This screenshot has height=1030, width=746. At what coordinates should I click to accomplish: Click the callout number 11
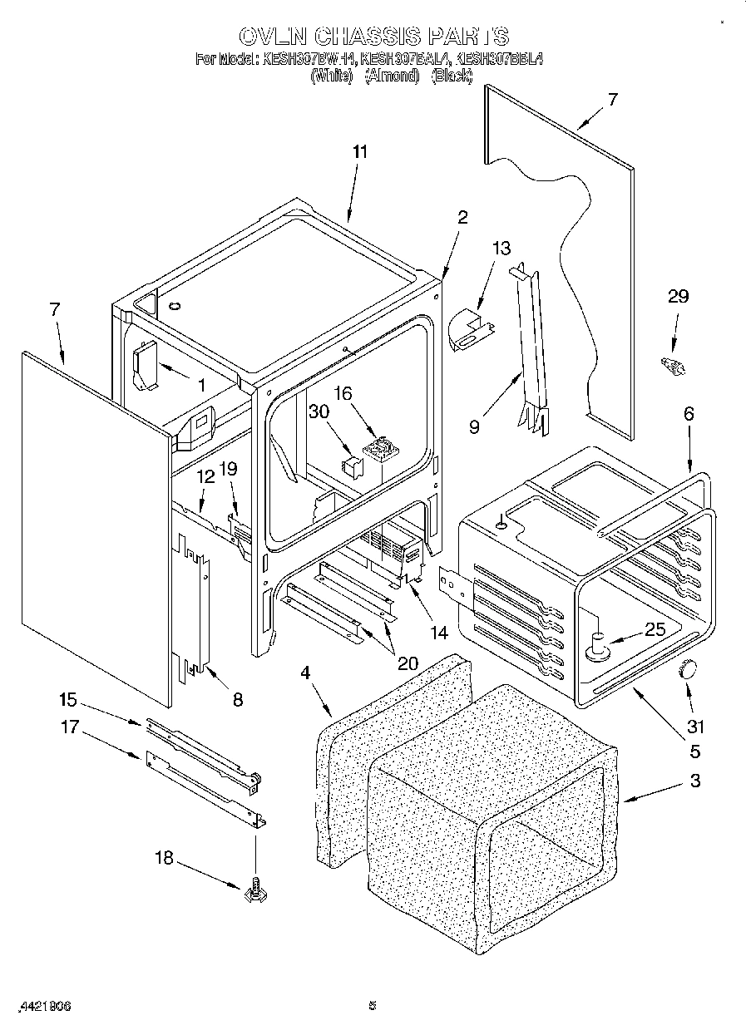[x=359, y=152]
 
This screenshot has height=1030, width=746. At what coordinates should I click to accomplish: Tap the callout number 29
[x=679, y=297]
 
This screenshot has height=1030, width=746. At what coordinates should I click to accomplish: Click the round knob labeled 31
[x=689, y=668]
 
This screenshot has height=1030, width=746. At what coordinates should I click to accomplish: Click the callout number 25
[x=655, y=630]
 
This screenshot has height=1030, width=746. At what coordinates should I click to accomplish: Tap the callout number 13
[x=501, y=249]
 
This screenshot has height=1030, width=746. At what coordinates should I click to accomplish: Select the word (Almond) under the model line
[x=393, y=76]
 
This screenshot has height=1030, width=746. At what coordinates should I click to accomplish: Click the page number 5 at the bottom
[x=373, y=1006]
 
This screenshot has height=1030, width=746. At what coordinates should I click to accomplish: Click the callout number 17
[x=70, y=727]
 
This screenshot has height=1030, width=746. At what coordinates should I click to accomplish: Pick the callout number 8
[x=237, y=700]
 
